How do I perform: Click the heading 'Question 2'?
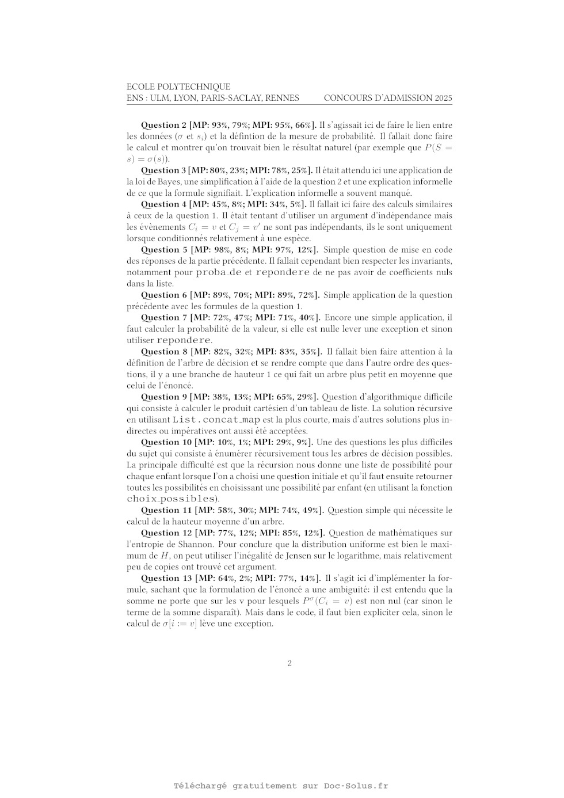[x=163, y=125]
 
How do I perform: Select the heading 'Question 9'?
[x=164, y=397]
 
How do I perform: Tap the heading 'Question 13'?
[x=166, y=578]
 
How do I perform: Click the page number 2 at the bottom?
[x=289, y=663]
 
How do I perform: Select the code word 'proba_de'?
[x=219, y=272]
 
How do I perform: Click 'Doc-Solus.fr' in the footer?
[x=356, y=786]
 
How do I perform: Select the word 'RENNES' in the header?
[x=282, y=98]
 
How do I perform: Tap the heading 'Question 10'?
[x=166, y=442]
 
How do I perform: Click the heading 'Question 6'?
[x=164, y=295]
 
